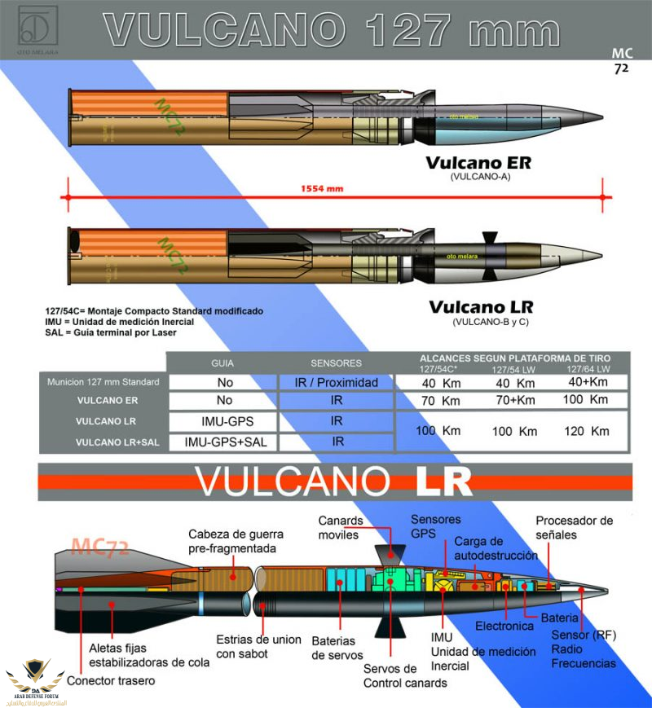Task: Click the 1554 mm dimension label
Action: coord(323,189)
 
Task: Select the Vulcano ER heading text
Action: coord(478,163)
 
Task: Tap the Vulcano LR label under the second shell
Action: coord(481,307)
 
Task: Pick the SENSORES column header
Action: coord(336,363)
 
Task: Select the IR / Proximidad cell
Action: coord(336,382)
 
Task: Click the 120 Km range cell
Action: coord(588,431)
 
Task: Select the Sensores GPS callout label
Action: coord(435,526)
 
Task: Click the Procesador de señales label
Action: coord(573,528)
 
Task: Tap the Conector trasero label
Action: coord(110,680)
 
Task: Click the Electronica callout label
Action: coord(504,626)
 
